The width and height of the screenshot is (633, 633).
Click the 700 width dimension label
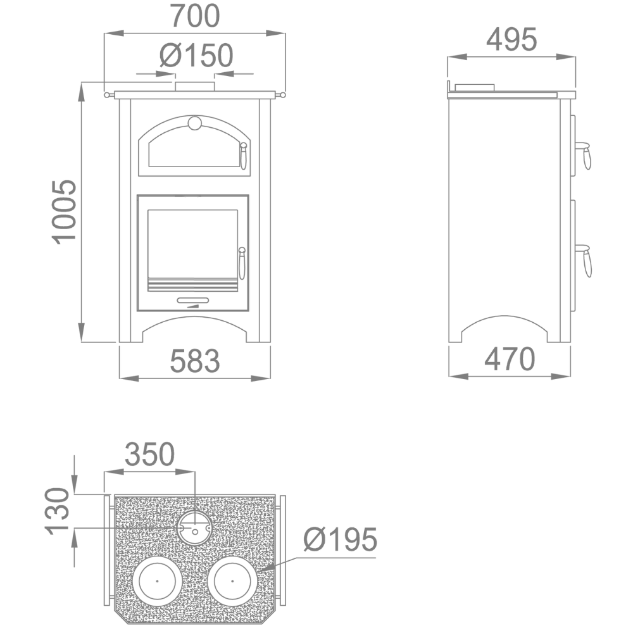click(194, 16)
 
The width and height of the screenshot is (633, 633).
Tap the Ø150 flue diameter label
click(196, 55)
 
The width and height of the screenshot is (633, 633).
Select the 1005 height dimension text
click(64, 212)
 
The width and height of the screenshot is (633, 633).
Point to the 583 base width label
click(194, 361)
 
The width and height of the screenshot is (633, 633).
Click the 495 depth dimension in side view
click(511, 39)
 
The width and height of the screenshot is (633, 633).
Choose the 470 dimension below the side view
click(510, 359)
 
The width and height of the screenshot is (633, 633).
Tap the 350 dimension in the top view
click(149, 454)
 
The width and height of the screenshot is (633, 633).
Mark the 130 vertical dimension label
click(58, 511)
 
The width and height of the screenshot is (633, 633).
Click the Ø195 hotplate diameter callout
click(341, 539)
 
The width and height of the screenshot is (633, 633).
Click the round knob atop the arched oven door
click(194, 123)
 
